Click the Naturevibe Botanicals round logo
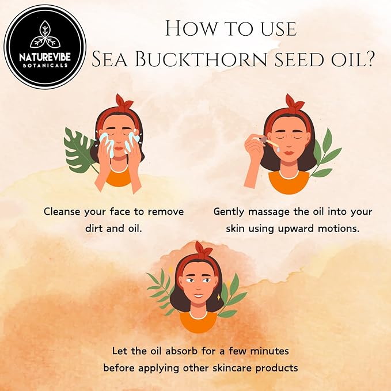tap(45, 46)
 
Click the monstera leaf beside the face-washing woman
tap(78, 151)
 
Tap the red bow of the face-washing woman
tap(123, 102)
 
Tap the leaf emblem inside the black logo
tap(45, 35)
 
